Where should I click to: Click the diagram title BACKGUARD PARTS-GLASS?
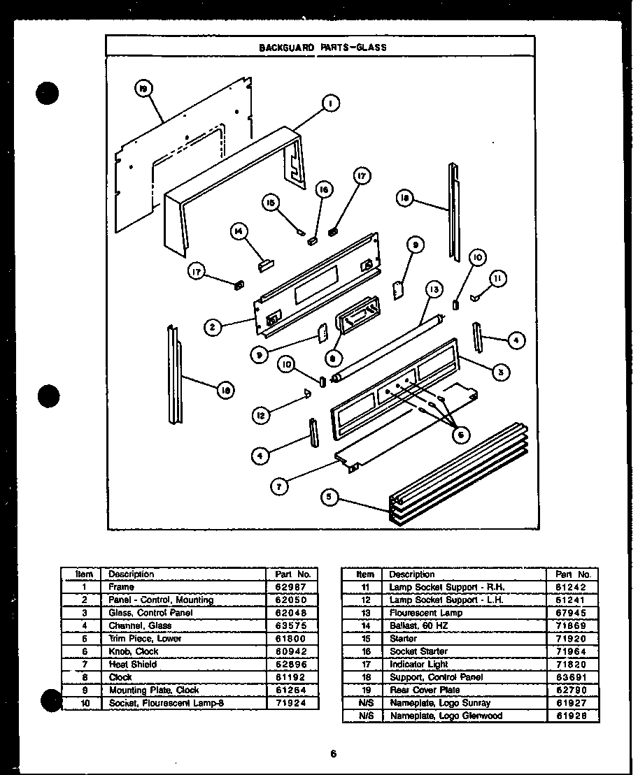click(x=322, y=48)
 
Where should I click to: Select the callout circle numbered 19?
click(x=143, y=89)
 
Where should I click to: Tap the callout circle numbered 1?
click(x=329, y=103)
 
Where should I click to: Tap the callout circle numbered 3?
click(x=500, y=372)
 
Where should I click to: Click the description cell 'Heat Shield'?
click(x=133, y=665)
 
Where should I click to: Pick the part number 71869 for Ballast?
click(x=573, y=625)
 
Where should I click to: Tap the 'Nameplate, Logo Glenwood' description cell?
click(x=446, y=716)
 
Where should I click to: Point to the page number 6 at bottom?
click(x=333, y=753)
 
